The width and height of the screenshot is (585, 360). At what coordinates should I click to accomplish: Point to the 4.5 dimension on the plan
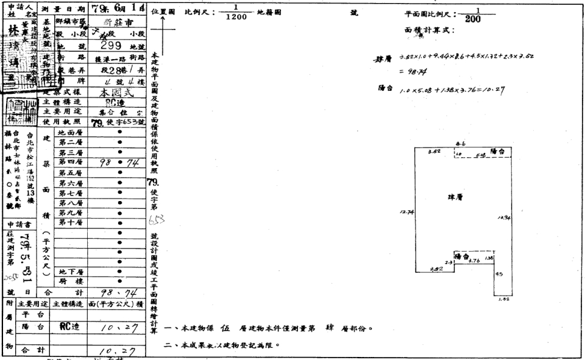[499, 274]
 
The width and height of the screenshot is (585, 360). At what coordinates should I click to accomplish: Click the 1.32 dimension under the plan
[503, 299]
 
